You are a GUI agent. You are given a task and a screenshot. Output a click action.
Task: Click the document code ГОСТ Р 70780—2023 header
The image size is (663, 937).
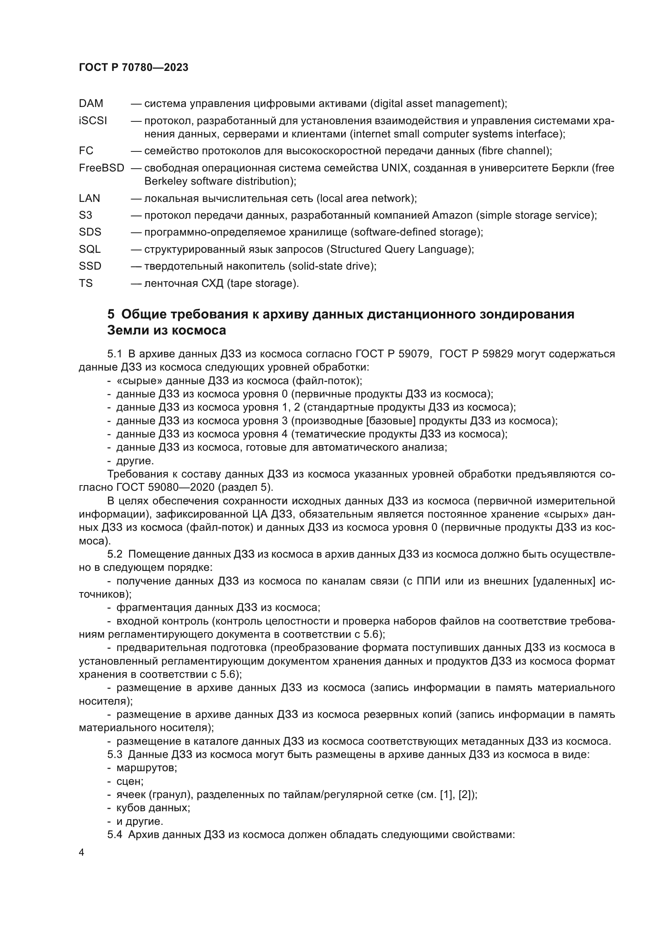click(133, 68)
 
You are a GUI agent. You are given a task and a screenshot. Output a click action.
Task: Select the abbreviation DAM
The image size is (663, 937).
click(91, 104)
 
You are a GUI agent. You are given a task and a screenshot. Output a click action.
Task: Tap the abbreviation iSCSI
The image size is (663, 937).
click(93, 121)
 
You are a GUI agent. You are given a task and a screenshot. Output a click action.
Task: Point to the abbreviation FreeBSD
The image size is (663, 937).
click(101, 168)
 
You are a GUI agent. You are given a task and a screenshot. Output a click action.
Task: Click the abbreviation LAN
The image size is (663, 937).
click(89, 198)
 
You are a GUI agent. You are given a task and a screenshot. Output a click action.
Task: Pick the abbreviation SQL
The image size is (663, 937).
click(89, 249)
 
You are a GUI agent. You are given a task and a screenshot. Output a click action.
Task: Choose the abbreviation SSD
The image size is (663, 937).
click(90, 266)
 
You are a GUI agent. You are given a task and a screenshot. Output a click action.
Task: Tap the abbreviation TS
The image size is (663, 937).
click(86, 283)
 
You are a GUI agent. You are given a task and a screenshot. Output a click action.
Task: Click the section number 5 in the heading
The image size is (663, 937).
click(111, 314)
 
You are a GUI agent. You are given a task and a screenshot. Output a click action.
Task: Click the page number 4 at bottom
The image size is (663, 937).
click(82, 852)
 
